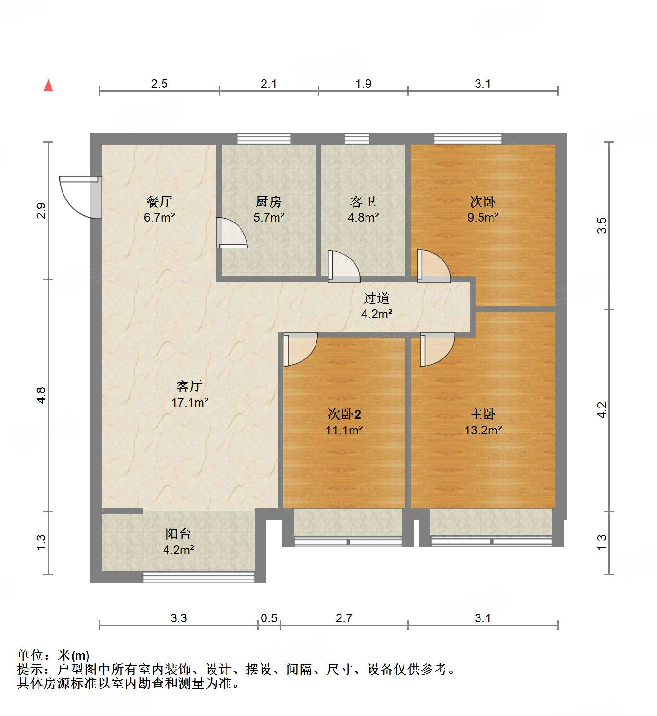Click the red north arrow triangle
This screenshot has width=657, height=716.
(x=48, y=86)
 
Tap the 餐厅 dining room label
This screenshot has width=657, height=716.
(x=159, y=201)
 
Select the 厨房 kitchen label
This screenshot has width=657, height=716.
(x=268, y=201)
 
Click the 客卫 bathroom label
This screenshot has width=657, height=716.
(x=363, y=201)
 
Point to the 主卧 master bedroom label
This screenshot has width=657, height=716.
(x=482, y=414)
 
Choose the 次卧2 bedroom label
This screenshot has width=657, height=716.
(x=344, y=414)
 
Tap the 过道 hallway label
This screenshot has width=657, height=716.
(x=376, y=298)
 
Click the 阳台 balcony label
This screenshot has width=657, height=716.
(x=178, y=533)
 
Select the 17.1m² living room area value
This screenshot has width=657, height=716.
(x=190, y=402)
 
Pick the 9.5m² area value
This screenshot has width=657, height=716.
(x=483, y=217)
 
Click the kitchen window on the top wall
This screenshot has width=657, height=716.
(x=264, y=139)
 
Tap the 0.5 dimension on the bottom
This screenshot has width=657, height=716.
(x=269, y=618)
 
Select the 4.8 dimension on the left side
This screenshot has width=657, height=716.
(x=41, y=395)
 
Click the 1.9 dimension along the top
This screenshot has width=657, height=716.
(x=363, y=84)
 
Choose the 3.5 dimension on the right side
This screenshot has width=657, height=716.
(x=602, y=225)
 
